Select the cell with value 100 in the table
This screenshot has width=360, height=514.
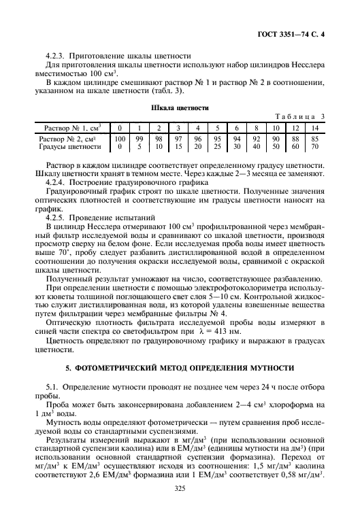pyautogui.click(x=120, y=138)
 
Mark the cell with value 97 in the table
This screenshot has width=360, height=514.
pyautogui.click(x=178, y=138)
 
